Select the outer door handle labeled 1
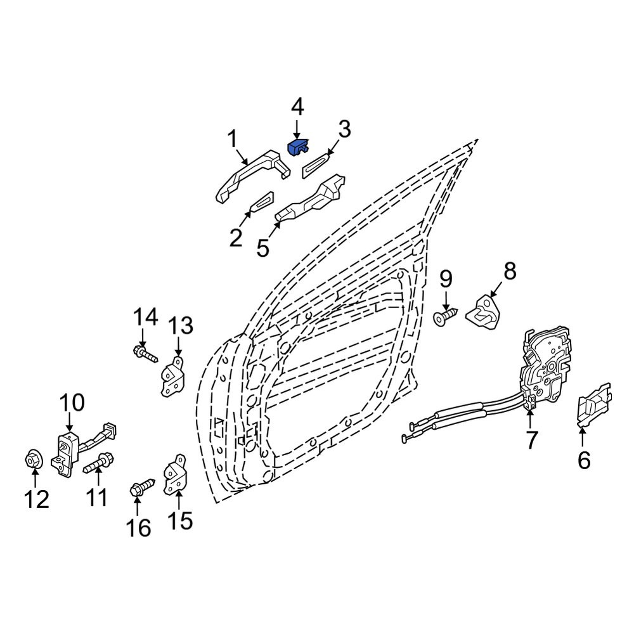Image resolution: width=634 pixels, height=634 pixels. click(253, 175)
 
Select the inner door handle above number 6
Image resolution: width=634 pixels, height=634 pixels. click(593, 404)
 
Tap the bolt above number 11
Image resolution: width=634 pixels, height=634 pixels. click(98, 463)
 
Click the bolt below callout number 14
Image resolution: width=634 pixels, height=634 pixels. click(146, 353)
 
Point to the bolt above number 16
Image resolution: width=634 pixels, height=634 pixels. click(143, 486)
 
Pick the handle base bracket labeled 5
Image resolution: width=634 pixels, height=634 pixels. click(310, 198)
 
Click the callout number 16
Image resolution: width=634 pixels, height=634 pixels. click(139, 528)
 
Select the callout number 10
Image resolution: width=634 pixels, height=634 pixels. click(72, 403)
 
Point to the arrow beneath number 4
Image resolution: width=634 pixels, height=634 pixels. click(297, 129)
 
